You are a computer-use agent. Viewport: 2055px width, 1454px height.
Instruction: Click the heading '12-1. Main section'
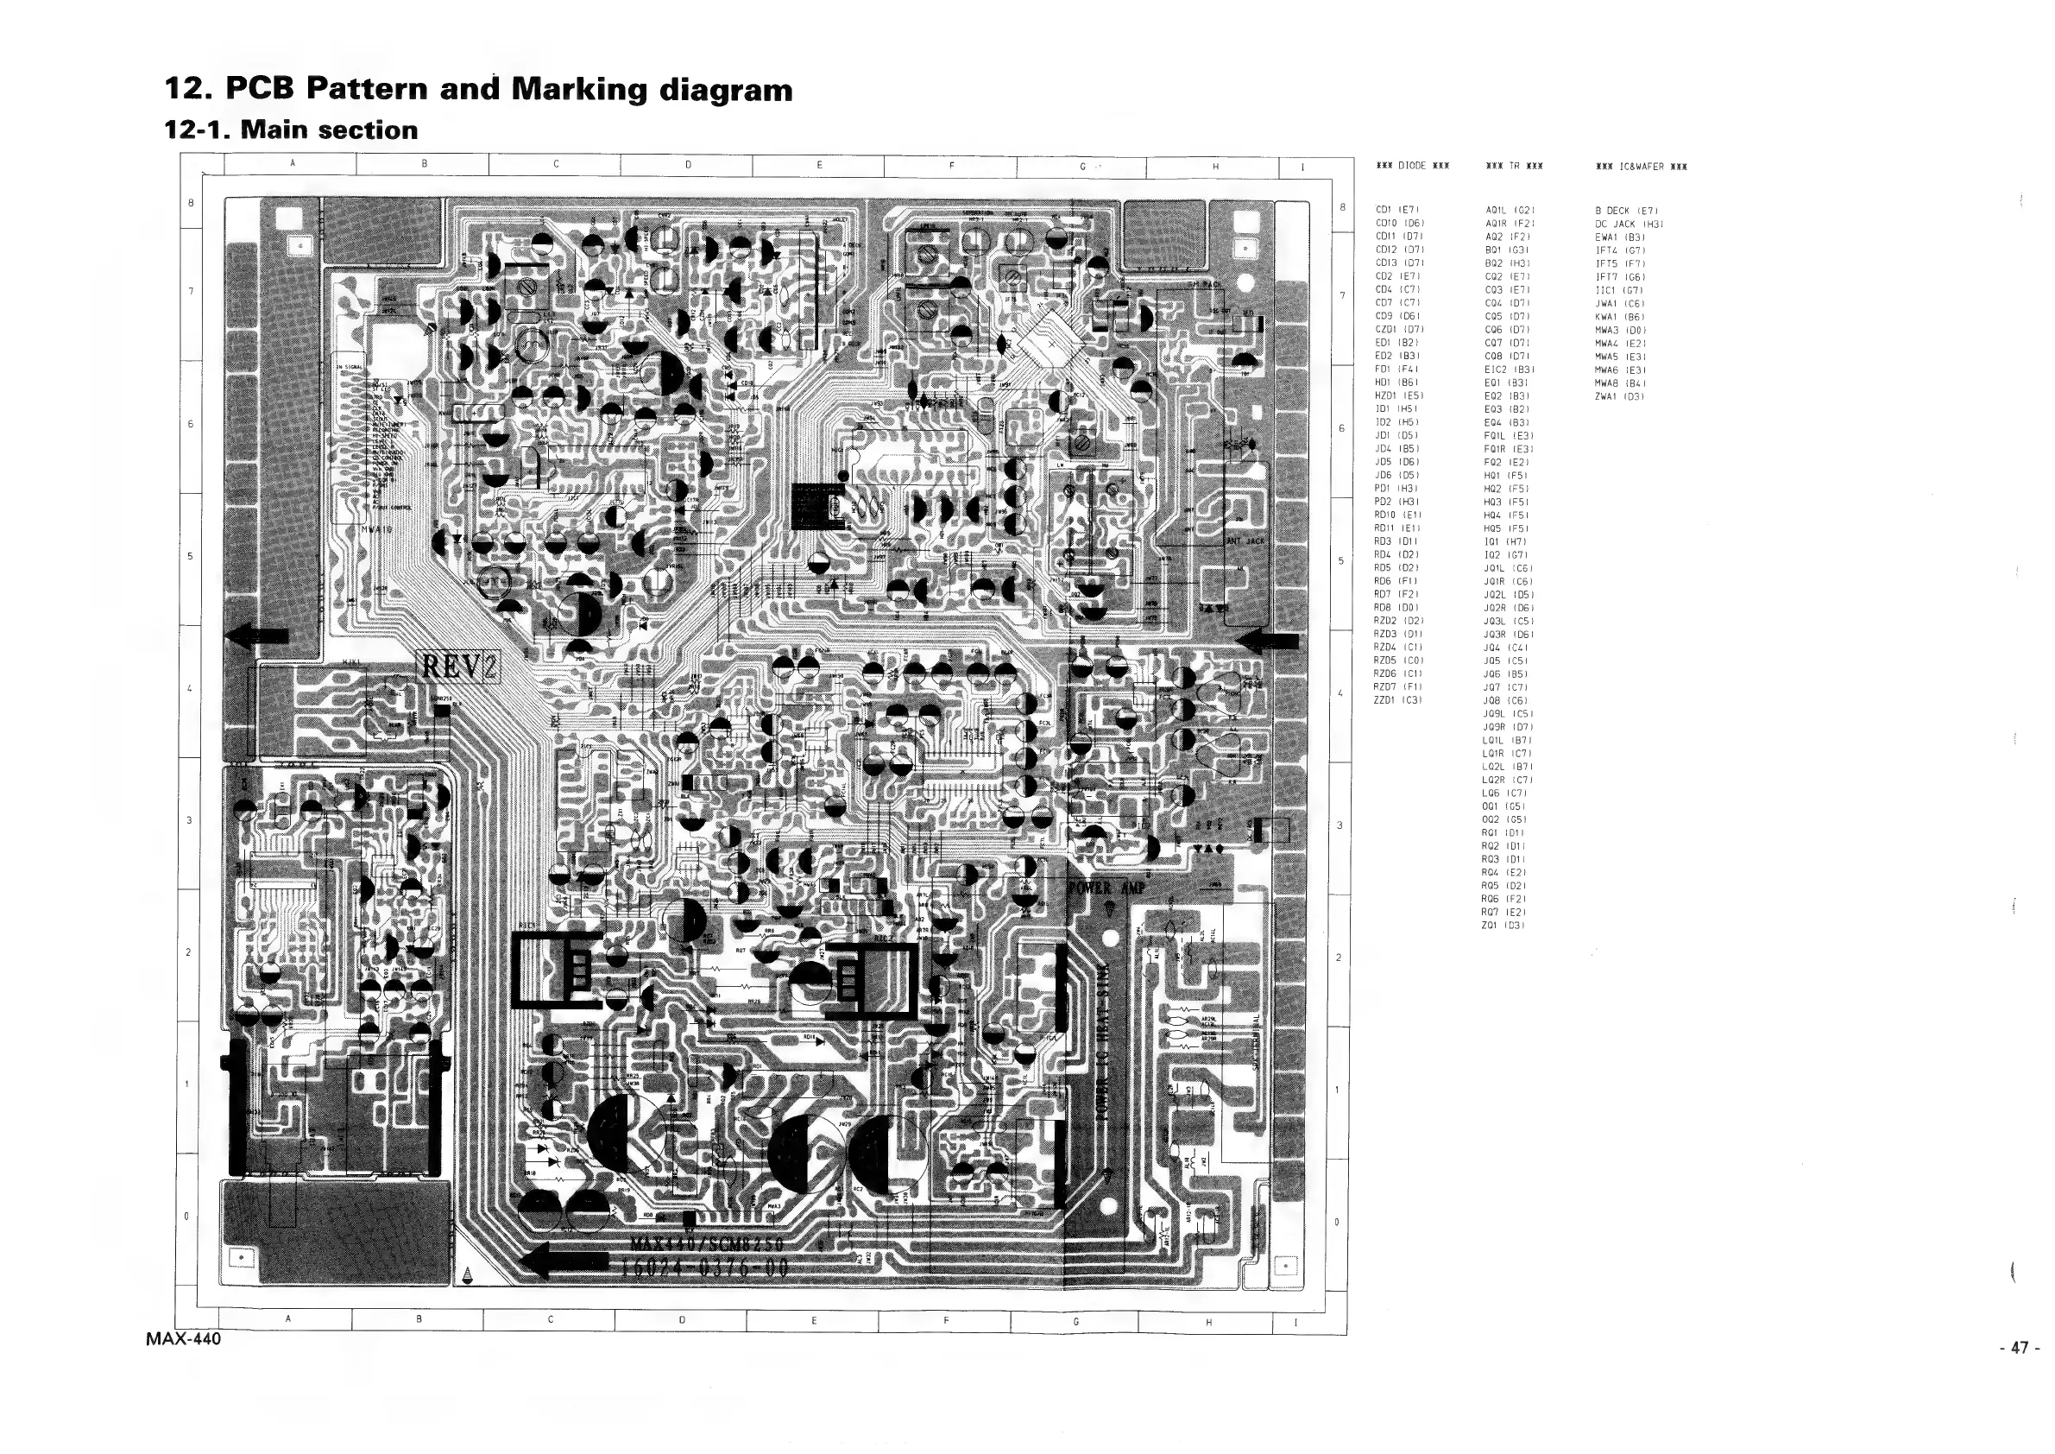291,130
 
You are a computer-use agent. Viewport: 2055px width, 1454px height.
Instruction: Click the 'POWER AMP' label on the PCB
1106,888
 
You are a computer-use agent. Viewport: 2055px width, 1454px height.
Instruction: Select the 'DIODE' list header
1411,167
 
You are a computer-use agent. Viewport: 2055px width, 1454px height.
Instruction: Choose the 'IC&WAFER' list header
1641,167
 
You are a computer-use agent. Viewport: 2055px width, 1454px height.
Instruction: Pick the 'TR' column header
1514,167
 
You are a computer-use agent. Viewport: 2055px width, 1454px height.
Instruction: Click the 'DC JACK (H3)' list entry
1628,224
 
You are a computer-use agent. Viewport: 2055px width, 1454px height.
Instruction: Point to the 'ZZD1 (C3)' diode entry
1397,700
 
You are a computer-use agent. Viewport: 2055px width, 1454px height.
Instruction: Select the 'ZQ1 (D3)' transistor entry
1503,926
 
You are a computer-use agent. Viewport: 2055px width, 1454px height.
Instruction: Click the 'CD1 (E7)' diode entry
1394,211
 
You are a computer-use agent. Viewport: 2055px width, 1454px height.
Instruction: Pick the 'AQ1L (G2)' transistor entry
1510,212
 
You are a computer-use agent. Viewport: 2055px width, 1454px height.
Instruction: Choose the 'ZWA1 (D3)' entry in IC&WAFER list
1619,396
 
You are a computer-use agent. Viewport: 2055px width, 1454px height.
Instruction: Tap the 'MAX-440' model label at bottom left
184,1340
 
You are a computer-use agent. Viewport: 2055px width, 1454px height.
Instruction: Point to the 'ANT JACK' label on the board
1245,541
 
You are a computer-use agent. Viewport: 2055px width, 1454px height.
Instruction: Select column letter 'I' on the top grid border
1302,167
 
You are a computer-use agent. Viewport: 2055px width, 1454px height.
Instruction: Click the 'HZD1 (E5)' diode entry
1398,395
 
